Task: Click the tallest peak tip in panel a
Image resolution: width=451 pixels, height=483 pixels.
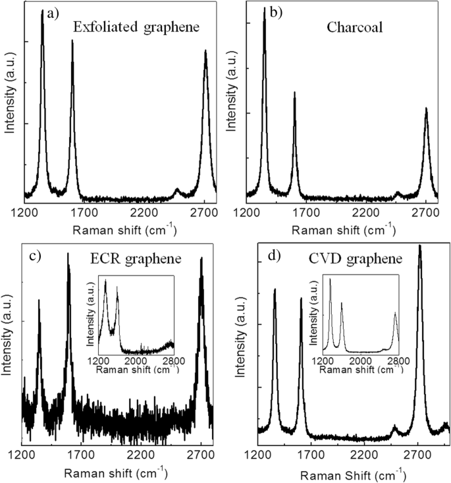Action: tap(42, 11)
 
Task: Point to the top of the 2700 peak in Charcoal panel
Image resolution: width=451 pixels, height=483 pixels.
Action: tap(426, 108)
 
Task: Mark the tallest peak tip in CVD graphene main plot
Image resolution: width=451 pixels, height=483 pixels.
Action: tap(419, 246)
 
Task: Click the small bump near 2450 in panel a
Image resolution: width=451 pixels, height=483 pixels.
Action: tap(176, 190)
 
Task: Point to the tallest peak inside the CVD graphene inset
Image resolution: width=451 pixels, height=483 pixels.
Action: tap(330, 279)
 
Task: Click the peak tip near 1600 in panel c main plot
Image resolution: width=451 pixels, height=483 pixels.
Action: tap(68, 254)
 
